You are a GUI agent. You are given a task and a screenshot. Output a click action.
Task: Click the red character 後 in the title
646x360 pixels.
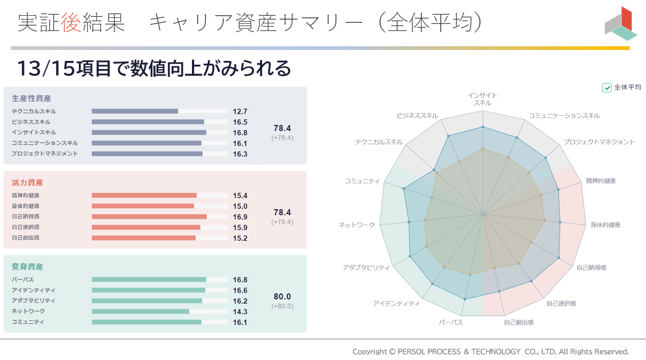(x=71, y=23)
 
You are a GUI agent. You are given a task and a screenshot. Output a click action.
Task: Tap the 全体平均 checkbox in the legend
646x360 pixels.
(x=607, y=88)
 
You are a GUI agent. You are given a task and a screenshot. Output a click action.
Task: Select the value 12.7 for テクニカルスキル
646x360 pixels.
(x=240, y=111)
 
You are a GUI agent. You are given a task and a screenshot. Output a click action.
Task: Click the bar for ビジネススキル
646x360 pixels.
(x=148, y=122)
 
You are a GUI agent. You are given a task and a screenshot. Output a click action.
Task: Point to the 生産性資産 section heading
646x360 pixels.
(x=32, y=98)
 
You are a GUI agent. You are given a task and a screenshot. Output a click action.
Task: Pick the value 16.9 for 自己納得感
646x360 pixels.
(x=240, y=217)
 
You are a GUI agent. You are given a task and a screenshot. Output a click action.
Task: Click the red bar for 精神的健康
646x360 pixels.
(x=144, y=195)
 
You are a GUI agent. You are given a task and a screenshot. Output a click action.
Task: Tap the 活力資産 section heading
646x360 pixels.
(x=27, y=183)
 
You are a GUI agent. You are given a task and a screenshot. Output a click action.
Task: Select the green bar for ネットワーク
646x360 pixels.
(x=140, y=312)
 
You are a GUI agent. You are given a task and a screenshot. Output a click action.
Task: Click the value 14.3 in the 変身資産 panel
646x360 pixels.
(x=240, y=312)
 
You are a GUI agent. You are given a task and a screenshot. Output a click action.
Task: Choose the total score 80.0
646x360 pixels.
(x=282, y=297)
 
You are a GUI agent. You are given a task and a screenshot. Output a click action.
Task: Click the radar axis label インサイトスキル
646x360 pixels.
(x=482, y=99)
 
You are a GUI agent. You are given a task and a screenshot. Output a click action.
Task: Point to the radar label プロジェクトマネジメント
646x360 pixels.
(x=599, y=142)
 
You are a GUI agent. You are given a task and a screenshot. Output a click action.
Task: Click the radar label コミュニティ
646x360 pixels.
(x=362, y=181)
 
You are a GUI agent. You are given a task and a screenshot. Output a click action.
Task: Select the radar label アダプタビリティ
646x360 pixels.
(x=366, y=268)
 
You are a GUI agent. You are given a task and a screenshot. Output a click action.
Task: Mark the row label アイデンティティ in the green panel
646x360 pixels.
(x=33, y=290)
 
